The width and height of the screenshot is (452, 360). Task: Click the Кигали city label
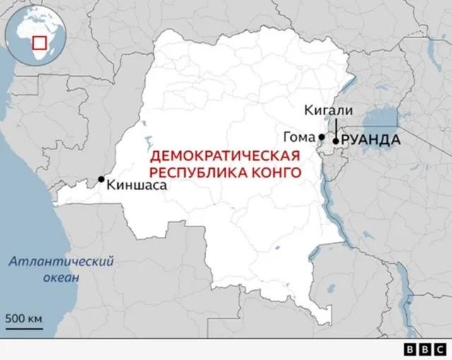(326, 110)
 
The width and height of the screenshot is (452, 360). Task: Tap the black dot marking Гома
(321, 137)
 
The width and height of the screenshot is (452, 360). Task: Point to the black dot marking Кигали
(335, 141)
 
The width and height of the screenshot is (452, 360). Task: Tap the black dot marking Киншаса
(101, 179)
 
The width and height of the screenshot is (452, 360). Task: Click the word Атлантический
(61, 262)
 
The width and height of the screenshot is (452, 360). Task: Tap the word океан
(61, 277)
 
